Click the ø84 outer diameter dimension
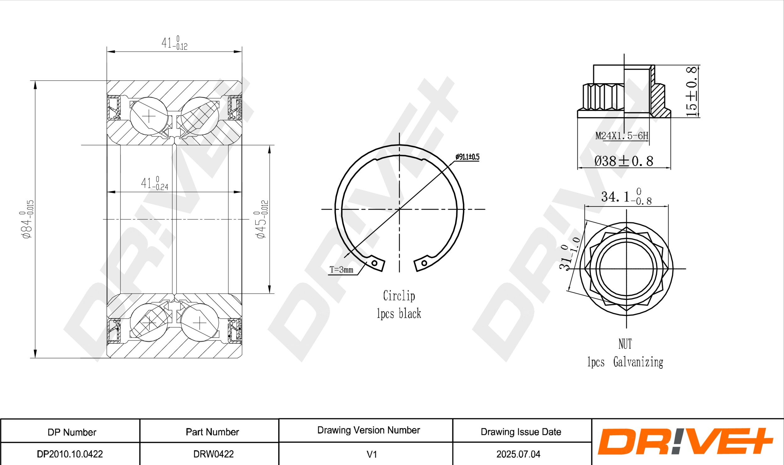pos(26,219)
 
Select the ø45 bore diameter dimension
pos(261,219)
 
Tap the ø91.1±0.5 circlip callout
pos(467,157)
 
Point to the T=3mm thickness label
pos(342,270)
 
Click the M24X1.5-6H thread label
pos(622,136)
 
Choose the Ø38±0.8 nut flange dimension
pos(624,161)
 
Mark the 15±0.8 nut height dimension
pos(691,91)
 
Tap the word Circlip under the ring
pos(399,296)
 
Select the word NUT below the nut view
pos(625,344)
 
